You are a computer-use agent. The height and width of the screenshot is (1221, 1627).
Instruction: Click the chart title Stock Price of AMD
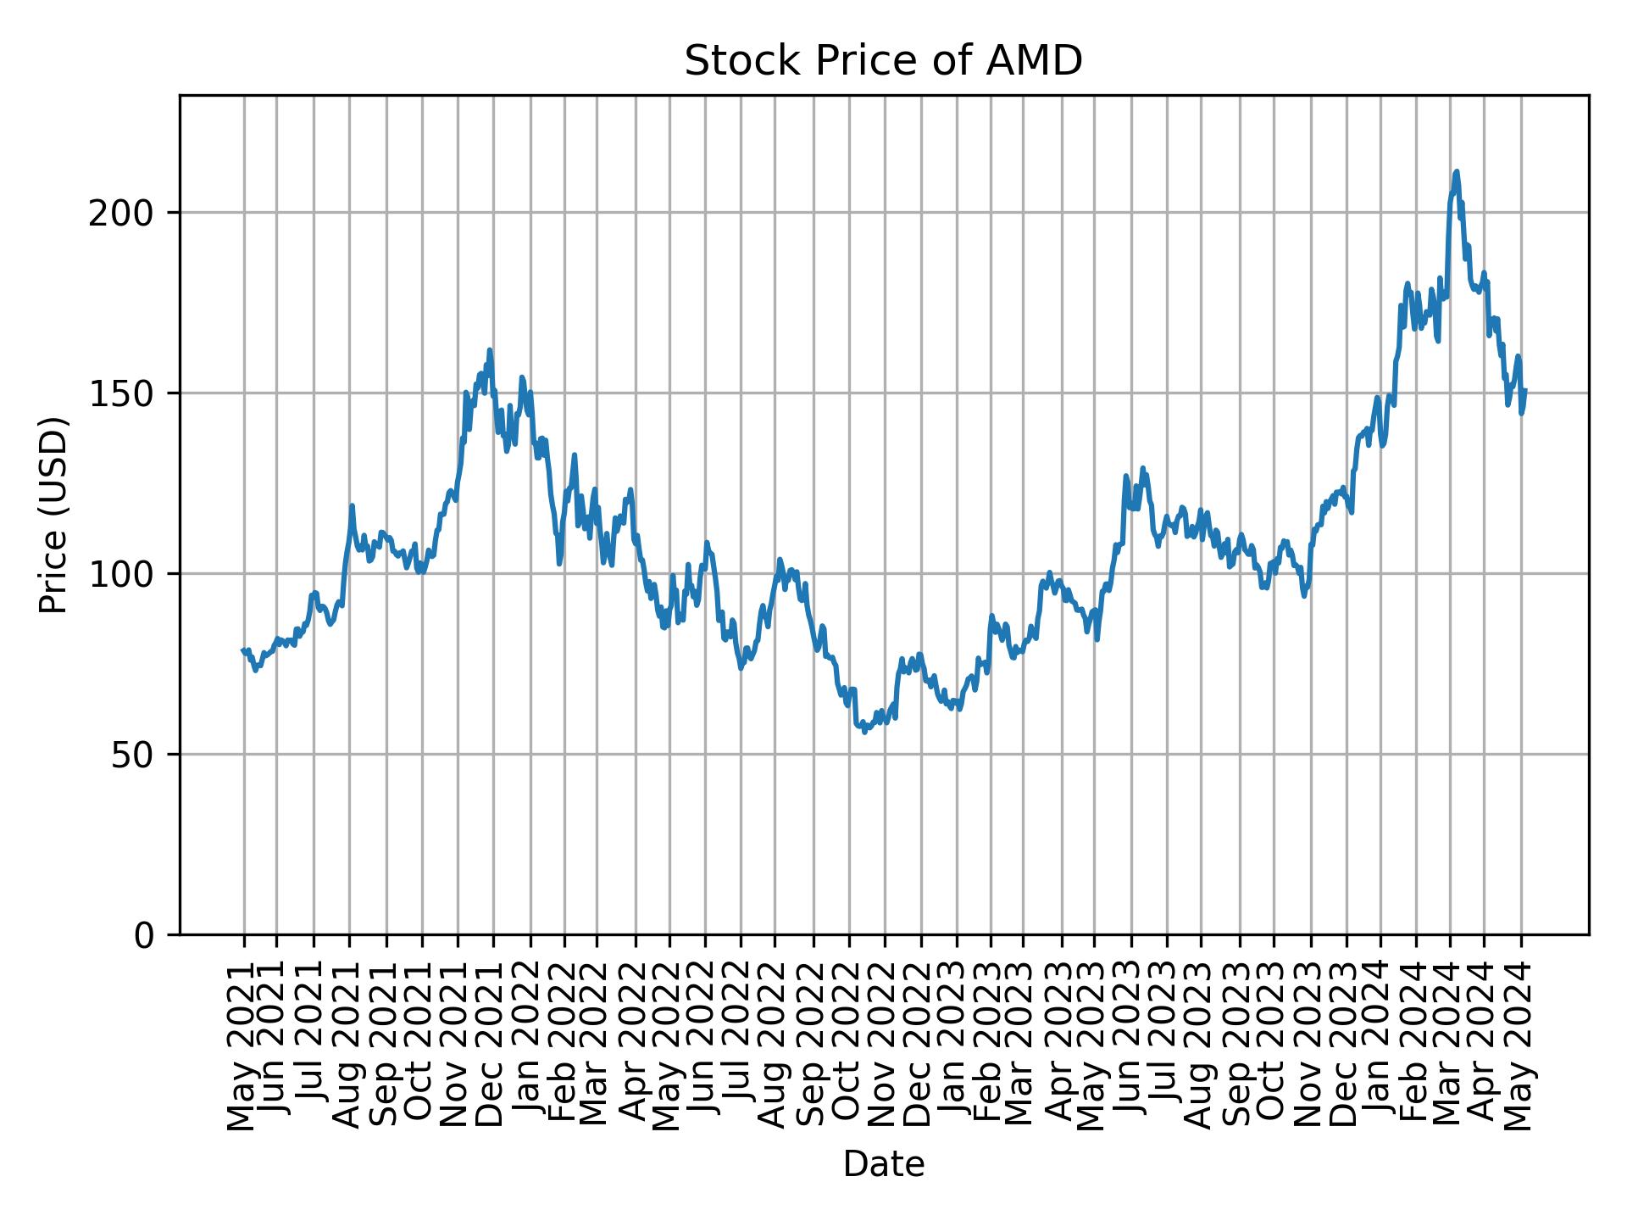(x=883, y=61)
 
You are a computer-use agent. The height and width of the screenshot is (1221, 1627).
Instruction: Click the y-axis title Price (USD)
(x=53, y=515)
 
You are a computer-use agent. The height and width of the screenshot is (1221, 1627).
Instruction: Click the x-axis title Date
(x=883, y=1164)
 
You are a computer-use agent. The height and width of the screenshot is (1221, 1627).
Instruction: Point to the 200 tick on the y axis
(x=125, y=213)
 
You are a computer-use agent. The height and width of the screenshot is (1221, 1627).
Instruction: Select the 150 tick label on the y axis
(x=125, y=393)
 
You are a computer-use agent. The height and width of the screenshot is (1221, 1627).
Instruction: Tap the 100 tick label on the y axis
(x=125, y=574)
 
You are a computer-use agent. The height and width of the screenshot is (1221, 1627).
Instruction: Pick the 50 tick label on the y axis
(x=136, y=755)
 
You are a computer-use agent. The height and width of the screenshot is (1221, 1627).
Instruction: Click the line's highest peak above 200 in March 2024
(x=1456, y=172)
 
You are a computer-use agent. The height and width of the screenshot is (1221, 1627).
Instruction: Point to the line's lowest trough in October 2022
(x=864, y=732)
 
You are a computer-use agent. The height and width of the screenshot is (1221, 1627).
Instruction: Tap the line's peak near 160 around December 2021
(x=490, y=350)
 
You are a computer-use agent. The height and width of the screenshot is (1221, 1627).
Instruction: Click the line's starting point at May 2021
(x=243, y=650)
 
